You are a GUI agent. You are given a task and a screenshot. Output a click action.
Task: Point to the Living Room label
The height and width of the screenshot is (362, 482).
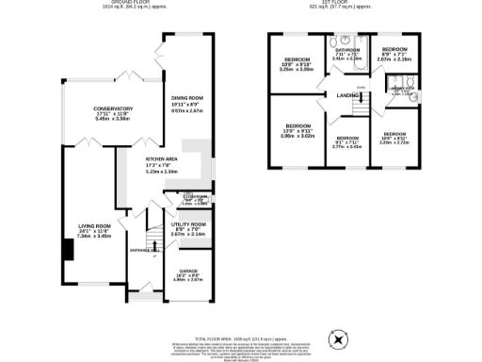coord(95,230)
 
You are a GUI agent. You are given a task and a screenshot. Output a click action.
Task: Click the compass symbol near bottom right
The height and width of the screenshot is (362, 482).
coord(336,338)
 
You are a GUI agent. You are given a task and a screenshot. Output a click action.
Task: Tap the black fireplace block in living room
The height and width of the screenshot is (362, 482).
coord(68,249)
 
